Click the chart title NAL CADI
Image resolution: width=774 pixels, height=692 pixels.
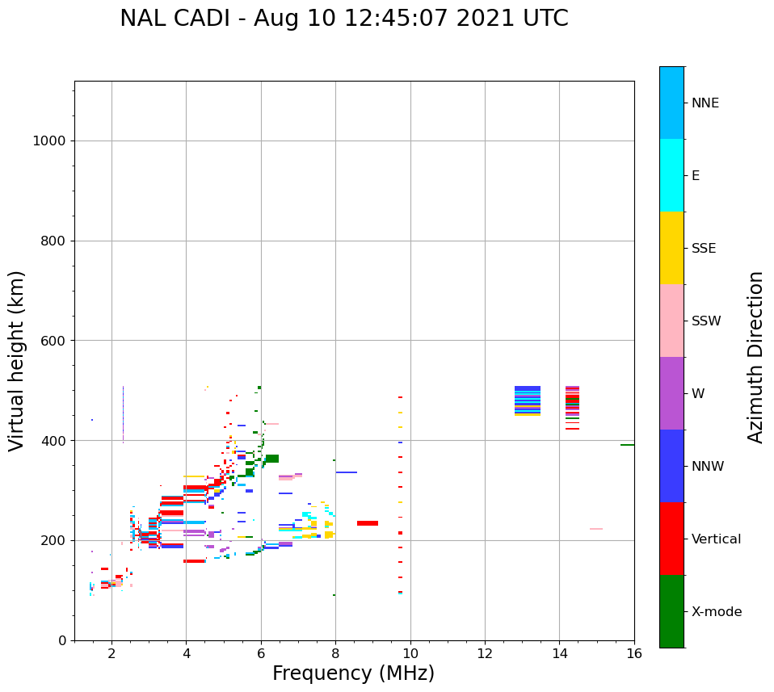coord(343,19)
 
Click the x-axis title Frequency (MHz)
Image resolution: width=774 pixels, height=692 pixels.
coord(353,673)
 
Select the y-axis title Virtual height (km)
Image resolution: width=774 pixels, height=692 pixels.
coord(17,360)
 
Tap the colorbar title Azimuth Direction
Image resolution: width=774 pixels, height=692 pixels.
coord(755,357)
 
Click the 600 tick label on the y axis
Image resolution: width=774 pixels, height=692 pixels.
coord(53,341)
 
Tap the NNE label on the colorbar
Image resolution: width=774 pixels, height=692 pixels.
coord(705,103)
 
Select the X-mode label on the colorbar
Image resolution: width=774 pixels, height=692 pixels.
coord(717,612)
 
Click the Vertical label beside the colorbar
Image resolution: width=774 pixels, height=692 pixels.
coord(716,539)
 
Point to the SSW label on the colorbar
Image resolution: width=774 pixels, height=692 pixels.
coord(706,321)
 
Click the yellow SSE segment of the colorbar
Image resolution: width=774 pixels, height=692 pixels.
coord(671,248)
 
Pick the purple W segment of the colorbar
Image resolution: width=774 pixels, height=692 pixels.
coord(671,393)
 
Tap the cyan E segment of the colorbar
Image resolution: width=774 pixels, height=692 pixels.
coord(671,175)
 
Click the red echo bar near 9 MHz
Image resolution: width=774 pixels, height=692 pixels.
coord(368,523)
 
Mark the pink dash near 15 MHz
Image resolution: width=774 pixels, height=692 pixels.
coord(596,529)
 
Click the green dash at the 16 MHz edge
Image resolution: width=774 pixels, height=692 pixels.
coord(627,445)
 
